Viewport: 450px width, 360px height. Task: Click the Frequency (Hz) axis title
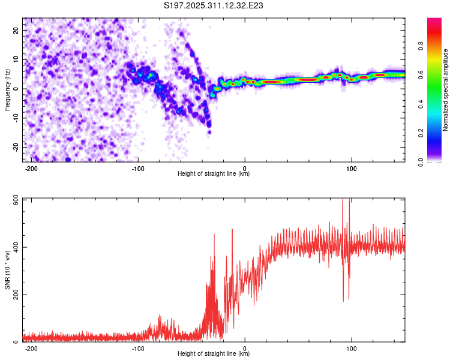tap(7, 89)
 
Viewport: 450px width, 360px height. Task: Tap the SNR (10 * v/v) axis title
tap(7, 270)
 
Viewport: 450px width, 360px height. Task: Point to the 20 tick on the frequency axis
tap(16, 30)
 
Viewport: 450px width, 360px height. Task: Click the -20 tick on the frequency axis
tap(15, 147)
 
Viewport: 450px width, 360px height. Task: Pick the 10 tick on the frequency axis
tap(16, 59)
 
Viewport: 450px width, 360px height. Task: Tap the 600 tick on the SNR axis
tap(14, 200)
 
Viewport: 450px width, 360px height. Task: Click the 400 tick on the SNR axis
tap(14, 247)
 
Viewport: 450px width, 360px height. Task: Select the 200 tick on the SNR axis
tap(14, 295)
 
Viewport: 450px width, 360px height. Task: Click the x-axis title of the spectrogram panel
tap(214, 174)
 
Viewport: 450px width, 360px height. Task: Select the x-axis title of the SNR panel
tap(214, 354)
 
